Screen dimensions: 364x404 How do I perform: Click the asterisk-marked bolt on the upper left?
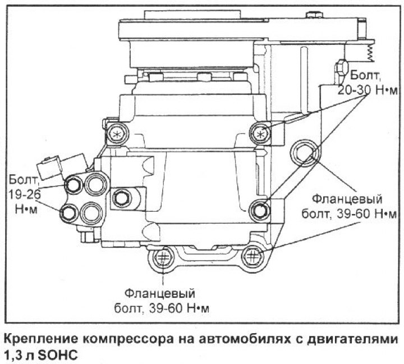click(x=117, y=134)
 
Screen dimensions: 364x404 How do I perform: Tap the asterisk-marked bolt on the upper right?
click(x=259, y=133)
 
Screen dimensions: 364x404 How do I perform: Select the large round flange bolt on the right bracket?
click(x=304, y=152)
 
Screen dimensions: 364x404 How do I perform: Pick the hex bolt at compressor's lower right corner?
click(x=259, y=210)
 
